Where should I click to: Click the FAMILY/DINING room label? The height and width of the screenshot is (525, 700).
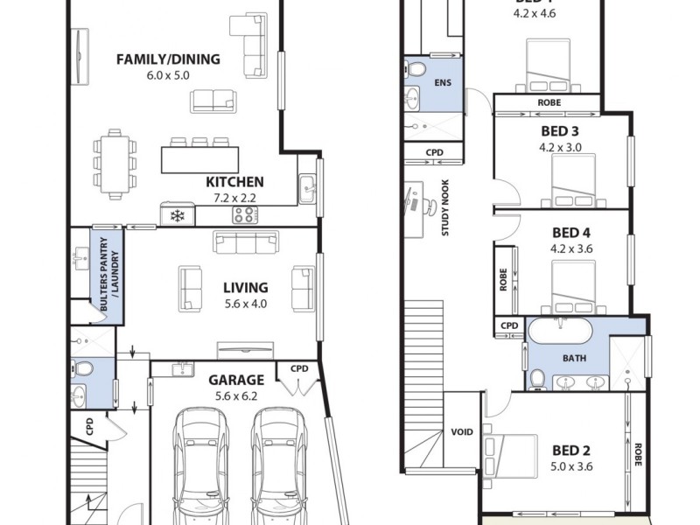pos(169,59)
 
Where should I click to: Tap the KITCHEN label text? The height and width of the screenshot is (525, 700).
pos(234,182)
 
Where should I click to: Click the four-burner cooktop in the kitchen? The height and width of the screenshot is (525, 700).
pos(244,214)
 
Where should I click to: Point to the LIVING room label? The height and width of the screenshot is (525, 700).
pos(245,288)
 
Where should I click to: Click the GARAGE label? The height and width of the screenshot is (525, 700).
pos(235,380)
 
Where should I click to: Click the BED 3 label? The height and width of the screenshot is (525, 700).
pos(560,131)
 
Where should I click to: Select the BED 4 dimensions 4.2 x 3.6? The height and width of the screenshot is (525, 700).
pos(560,248)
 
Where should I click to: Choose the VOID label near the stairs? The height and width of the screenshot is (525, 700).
pos(461,431)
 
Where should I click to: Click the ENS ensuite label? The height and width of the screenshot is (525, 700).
pos(443,83)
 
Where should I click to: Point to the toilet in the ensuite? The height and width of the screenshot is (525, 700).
pos(416,69)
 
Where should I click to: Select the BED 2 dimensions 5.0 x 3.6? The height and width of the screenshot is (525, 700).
pos(573,466)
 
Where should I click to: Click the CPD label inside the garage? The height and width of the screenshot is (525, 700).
pos(299,368)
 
